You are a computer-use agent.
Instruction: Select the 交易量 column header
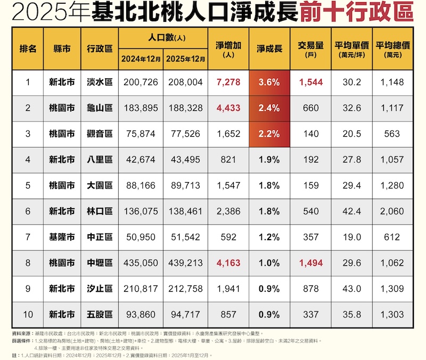311,48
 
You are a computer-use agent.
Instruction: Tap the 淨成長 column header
269,48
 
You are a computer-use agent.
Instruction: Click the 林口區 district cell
100,211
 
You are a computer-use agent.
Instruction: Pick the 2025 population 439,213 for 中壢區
185,263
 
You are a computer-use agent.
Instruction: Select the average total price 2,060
391,211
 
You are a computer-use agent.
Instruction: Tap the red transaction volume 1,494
311,263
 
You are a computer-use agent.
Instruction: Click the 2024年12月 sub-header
141,59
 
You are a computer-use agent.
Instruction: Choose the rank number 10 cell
28,314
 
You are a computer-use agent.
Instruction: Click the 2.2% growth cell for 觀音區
269,134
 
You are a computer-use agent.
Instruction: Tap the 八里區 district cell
100,159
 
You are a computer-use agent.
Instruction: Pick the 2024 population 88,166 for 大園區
141,185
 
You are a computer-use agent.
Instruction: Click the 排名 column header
28,48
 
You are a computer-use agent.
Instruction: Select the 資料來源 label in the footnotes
22,332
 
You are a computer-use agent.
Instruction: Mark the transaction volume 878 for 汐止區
311,289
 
